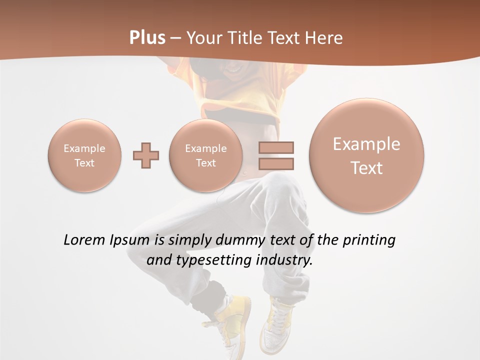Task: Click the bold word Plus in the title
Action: click(x=147, y=37)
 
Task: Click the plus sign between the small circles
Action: click(x=146, y=155)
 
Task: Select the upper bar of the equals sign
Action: click(x=276, y=147)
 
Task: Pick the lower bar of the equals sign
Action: click(x=276, y=163)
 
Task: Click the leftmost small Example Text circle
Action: click(x=84, y=155)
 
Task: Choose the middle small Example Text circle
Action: click(x=206, y=155)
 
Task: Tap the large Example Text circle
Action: click(x=366, y=155)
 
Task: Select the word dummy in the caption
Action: click(x=237, y=240)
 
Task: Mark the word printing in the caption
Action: click(x=368, y=240)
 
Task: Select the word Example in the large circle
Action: click(x=366, y=144)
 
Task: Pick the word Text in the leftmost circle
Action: click(x=84, y=163)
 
